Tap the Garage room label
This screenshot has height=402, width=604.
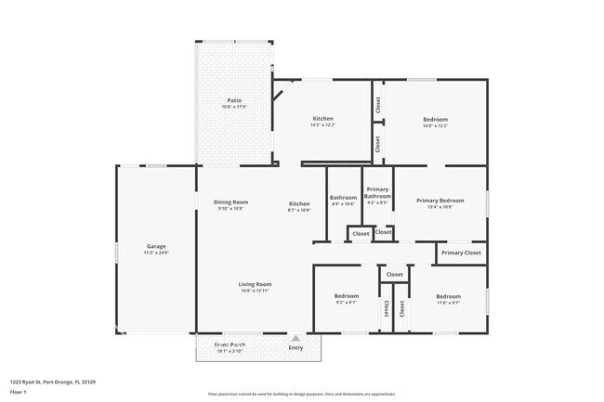click(x=155, y=246)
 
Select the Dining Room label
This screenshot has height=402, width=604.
click(x=231, y=202)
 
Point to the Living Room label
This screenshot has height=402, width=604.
click(x=255, y=284)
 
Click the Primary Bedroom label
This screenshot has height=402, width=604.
click(x=440, y=201)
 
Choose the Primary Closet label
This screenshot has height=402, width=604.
click(x=461, y=253)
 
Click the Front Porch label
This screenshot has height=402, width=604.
click(x=230, y=344)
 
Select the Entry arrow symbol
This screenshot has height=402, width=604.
click(x=295, y=338)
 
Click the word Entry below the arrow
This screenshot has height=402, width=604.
click(x=295, y=348)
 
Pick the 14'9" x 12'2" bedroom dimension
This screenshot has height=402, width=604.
click(x=436, y=126)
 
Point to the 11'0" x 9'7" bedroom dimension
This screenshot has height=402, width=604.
click(x=449, y=303)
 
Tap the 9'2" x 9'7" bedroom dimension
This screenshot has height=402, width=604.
click(x=346, y=303)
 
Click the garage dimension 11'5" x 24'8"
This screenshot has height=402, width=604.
click(x=155, y=253)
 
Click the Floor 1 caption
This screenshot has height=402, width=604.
click(x=19, y=393)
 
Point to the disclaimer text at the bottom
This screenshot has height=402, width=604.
click(x=302, y=394)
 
